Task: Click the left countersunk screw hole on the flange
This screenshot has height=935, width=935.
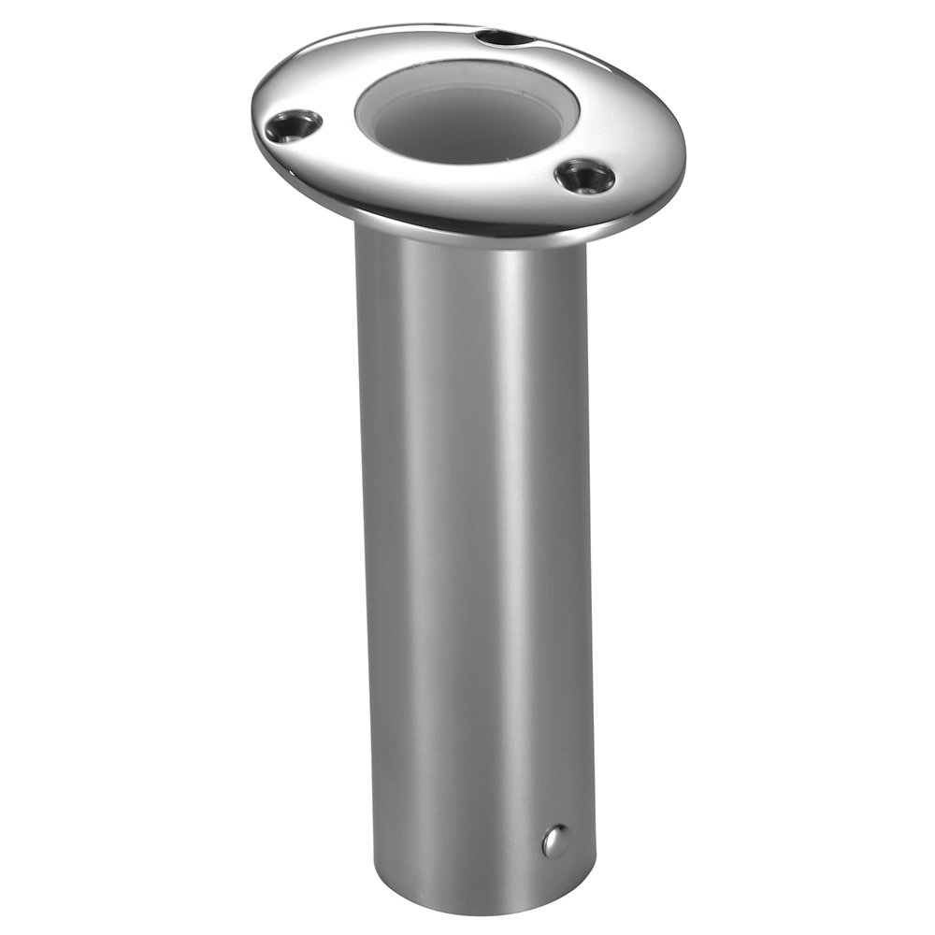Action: click(292, 125)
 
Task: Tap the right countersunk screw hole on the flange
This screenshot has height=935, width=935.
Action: click(584, 175)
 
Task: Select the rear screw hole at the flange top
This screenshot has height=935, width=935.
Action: click(502, 39)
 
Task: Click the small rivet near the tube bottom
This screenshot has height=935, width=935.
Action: click(554, 841)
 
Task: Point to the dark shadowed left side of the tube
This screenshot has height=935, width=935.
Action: click(374, 561)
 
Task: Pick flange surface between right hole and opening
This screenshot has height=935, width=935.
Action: click(552, 154)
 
